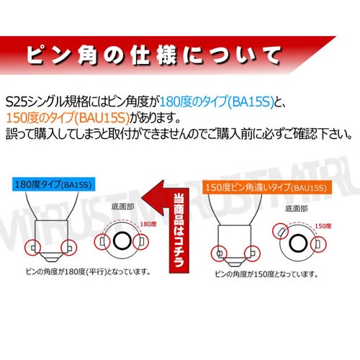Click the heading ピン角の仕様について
pos(152,55)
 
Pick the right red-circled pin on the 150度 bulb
pos(254,253)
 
